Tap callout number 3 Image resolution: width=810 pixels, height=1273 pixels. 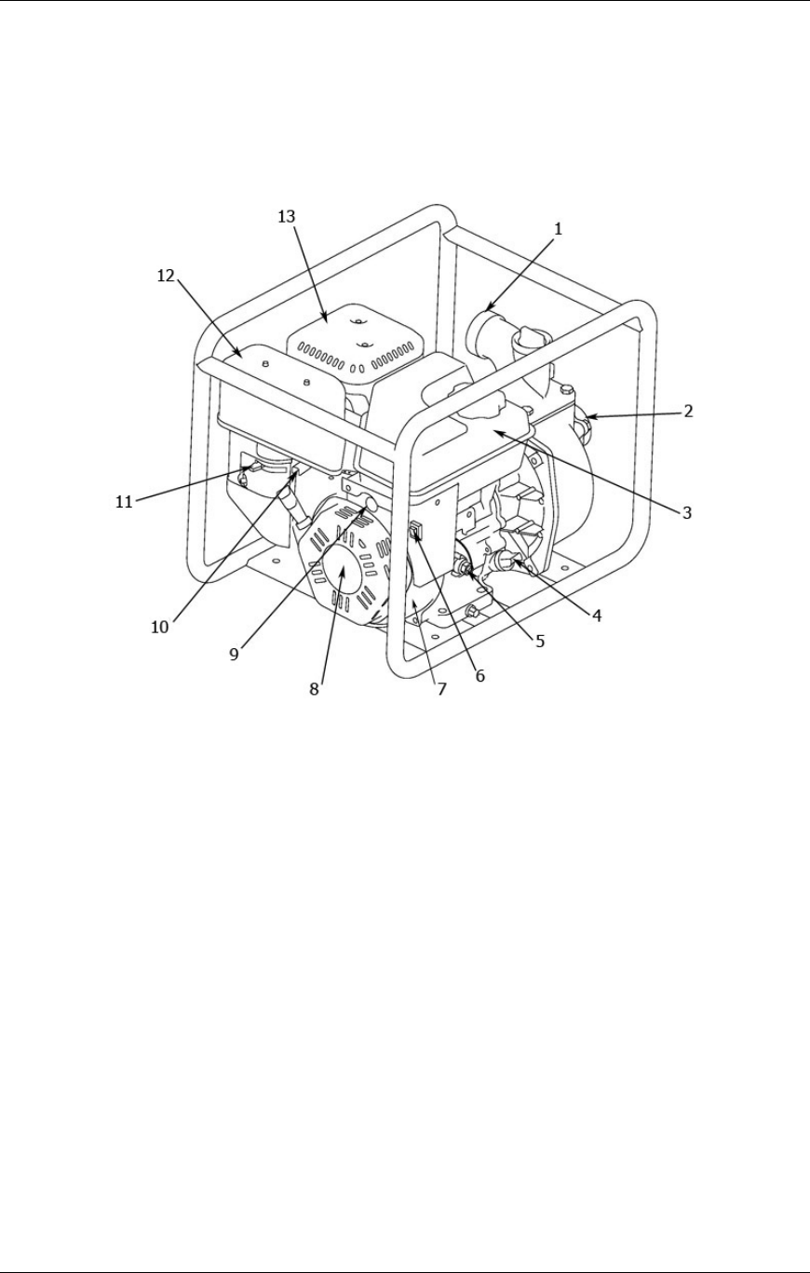click(x=685, y=511)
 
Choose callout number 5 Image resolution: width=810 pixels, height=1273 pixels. click(x=540, y=641)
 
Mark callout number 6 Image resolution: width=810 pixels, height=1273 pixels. click(x=480, y=677)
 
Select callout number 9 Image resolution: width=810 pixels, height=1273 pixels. click(x=235, y=654)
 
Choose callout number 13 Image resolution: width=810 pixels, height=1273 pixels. click(x=287, y=215)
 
